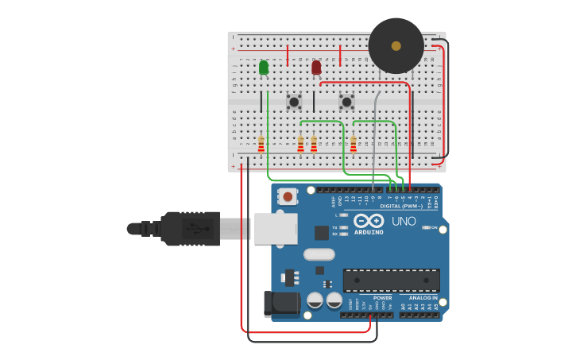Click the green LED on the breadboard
264,68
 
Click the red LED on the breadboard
316,68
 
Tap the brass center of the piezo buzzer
396,46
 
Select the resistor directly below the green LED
261,144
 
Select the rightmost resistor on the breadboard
354,144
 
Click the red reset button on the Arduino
287,195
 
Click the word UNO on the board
404,221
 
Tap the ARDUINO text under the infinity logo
369,232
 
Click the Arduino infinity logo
369,221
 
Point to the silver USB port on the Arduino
276,229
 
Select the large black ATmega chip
391,280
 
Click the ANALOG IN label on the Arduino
423,298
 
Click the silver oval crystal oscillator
319,254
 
